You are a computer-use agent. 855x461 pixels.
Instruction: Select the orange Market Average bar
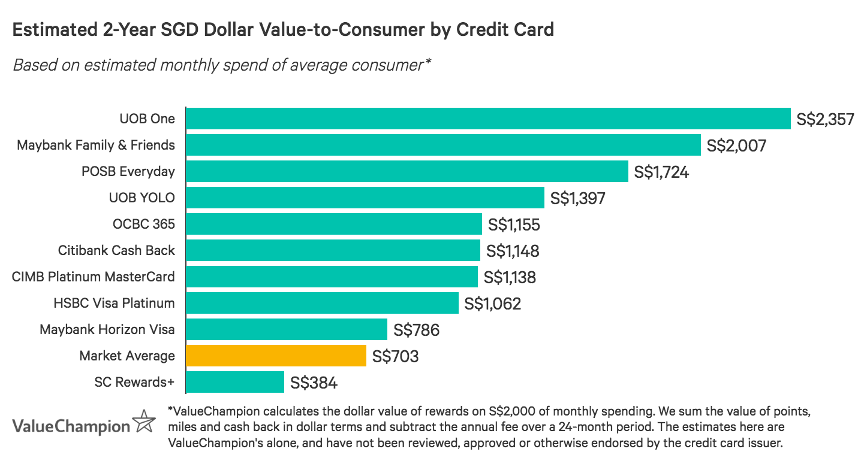click(276, 356)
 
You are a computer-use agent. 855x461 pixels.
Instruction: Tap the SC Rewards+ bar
click(235, 382)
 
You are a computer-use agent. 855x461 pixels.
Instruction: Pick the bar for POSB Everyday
click(407, 171)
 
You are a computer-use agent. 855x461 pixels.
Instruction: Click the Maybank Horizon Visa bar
click(287, 329)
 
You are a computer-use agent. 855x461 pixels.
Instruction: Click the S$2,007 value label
click(736, 145)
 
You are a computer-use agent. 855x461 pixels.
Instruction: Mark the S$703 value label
click(395, 356)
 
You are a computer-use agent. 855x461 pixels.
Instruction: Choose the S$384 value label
click(314, 383)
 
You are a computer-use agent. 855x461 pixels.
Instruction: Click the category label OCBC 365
click(144, 224)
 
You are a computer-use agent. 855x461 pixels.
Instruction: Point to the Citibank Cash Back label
click(116, 250)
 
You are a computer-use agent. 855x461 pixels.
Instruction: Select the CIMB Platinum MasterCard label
click(94, 277)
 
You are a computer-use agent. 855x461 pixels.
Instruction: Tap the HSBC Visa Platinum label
click(114, 303)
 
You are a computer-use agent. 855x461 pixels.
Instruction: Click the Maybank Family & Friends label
click(96, 145)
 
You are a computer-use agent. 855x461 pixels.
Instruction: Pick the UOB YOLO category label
click(142, 198)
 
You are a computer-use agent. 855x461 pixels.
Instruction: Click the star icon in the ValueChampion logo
click(144, 421)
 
